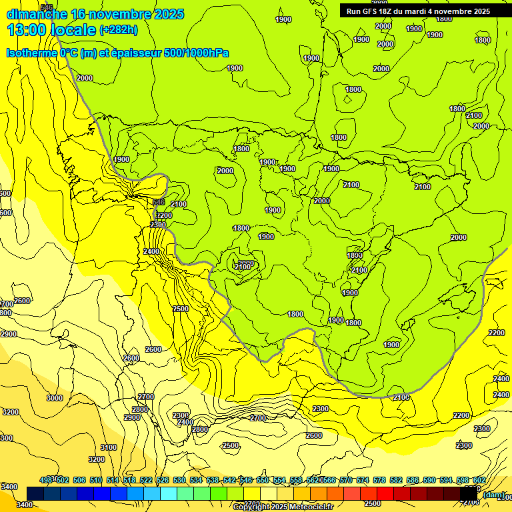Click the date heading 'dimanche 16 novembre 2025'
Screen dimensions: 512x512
point(95,14)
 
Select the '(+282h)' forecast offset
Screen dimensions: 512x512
point(119,30)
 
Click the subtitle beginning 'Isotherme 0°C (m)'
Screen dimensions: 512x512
point(117,53)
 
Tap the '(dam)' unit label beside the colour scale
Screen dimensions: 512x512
point(493,495)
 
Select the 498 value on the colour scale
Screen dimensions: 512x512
point(46,480)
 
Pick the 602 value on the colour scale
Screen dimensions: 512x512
point(479,480)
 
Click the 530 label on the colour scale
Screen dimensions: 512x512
point(179,480)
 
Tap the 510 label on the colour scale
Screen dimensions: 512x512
point(96,480)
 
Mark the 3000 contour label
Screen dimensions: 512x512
point(55,398)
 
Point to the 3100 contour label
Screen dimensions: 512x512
point(109,447)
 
